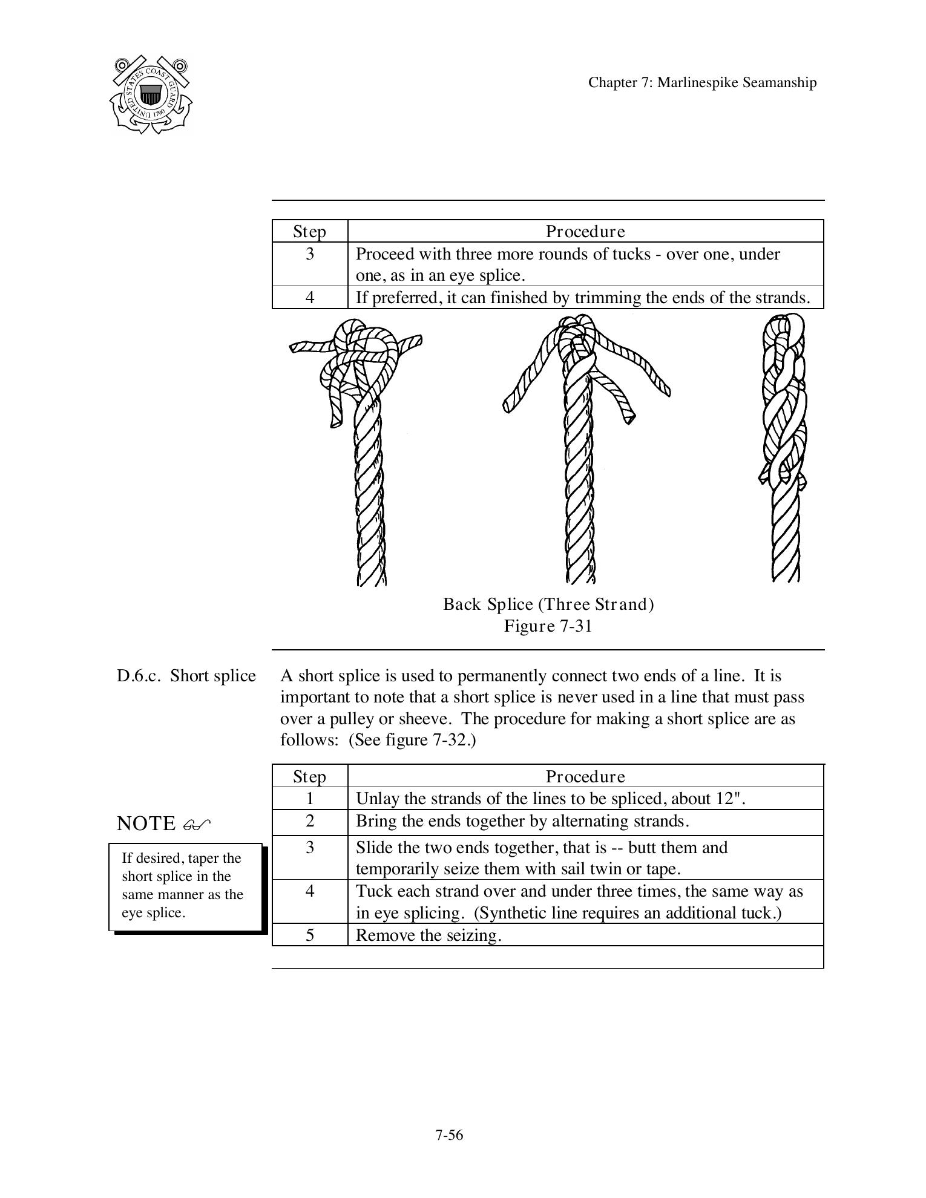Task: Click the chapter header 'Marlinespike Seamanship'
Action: (702, 83)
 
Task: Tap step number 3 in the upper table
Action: (310, 254)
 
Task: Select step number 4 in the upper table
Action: (310, 298)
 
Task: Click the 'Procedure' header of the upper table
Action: (585, 232)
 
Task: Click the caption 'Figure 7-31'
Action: (548, 626)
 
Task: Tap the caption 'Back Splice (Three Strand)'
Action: (548, 604)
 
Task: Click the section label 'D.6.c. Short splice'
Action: (186, 676)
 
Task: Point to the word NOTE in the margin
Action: (146, 823)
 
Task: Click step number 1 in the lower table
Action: (310, 799)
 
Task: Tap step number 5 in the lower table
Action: (310, 935)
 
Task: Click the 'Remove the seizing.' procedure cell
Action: (429, 935)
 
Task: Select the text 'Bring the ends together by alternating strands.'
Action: (522, 821)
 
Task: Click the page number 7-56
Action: (448, 1135)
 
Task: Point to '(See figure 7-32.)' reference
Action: (412, 741)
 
